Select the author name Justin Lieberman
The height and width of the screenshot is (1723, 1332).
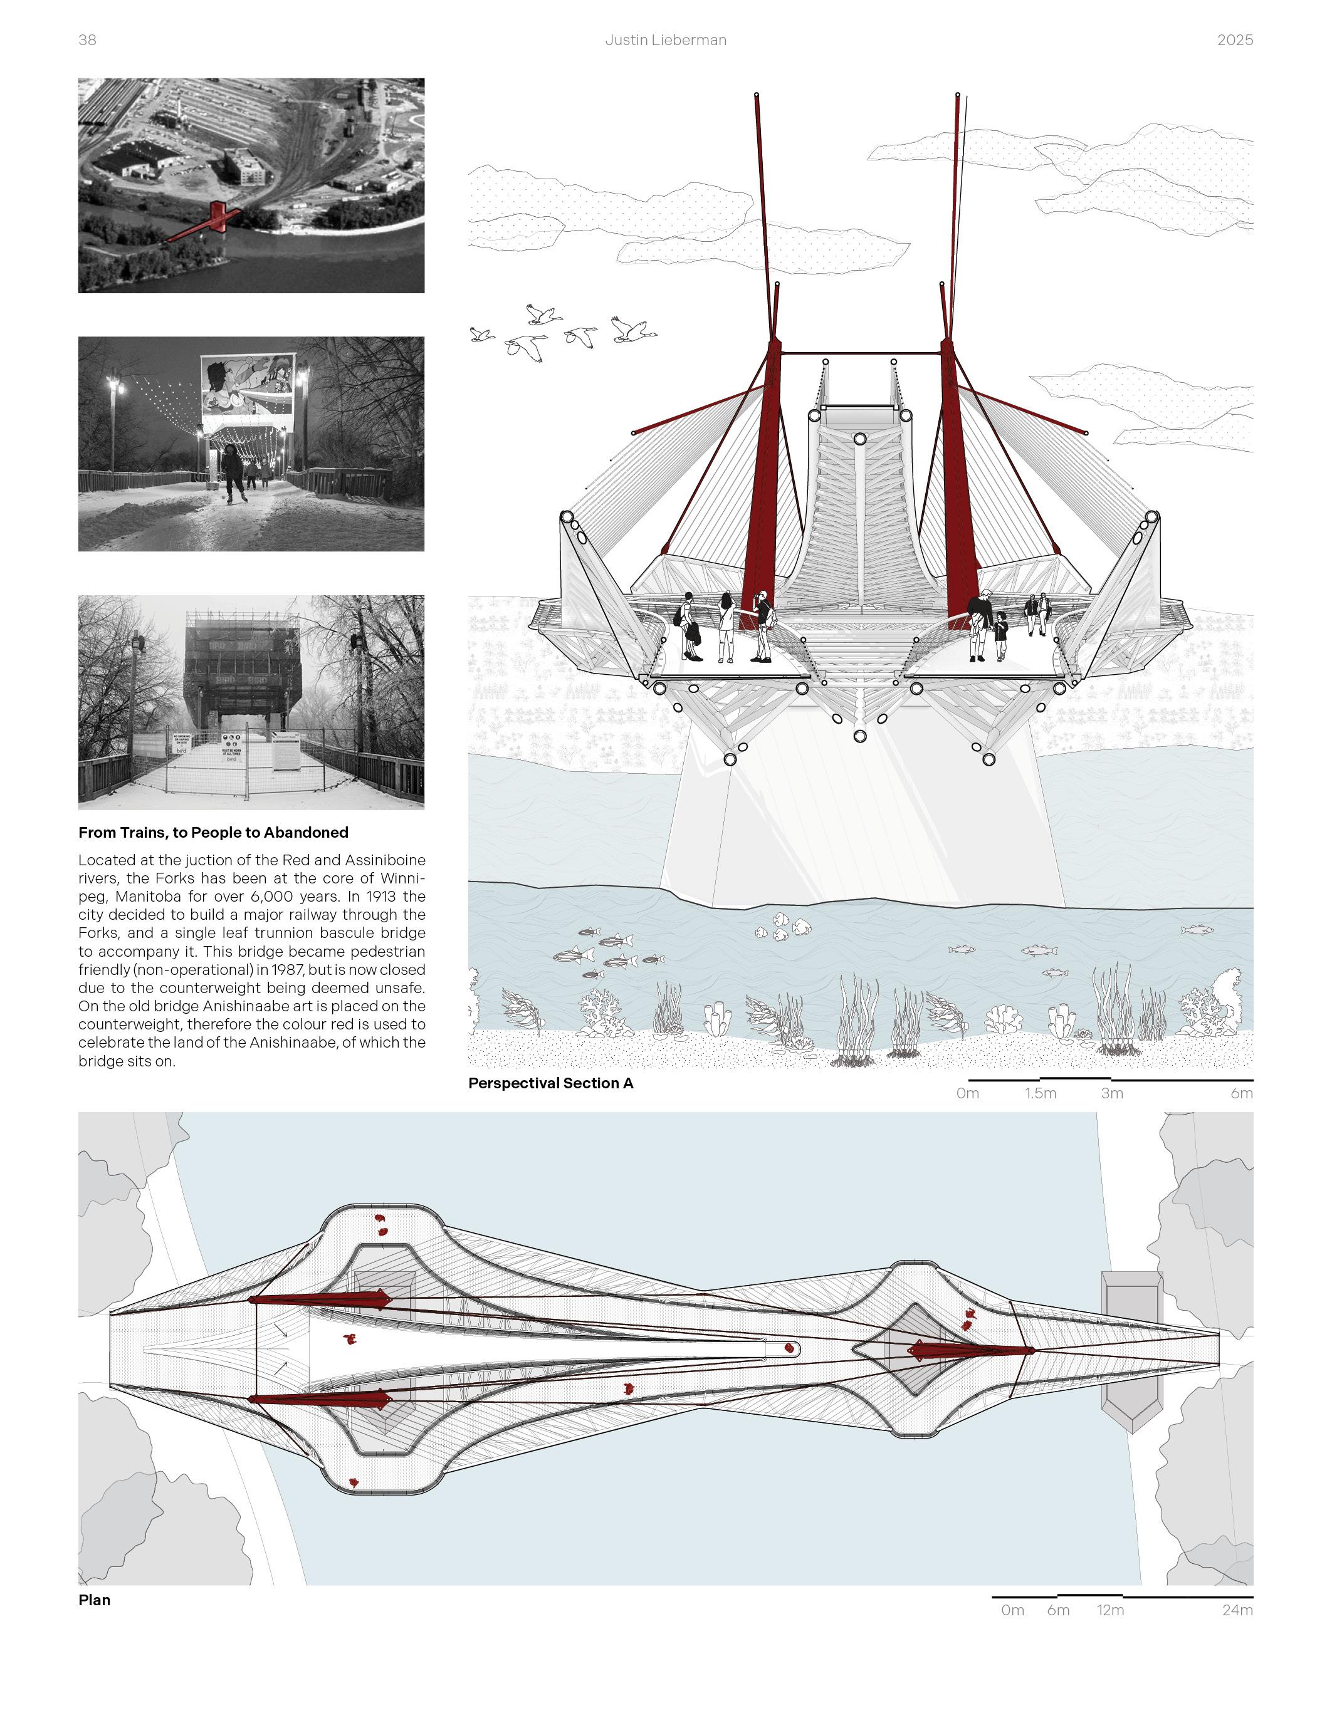pyautogui.click(x=665, y=40)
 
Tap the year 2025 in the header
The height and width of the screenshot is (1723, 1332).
pyautogui.click(x=1234, y=40)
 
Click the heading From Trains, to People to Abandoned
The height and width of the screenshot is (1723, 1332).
pyautogui.click(x=213, y=832)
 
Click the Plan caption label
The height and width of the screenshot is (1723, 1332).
pyautogui.click(x=94, y=1600)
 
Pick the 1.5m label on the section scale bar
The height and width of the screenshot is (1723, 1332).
pyautogui.click(x=1040, y=1093)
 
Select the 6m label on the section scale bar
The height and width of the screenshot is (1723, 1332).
pyautogui.click(x=1241, y=1093)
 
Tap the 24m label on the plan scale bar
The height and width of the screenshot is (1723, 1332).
pyautogui.click(x=1237, y=1610)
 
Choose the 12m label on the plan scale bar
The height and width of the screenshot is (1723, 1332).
pyautogui.click(x=1109, y=1610)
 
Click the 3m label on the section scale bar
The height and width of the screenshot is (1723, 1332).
pyautogui.click(x=1111, y=1093)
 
